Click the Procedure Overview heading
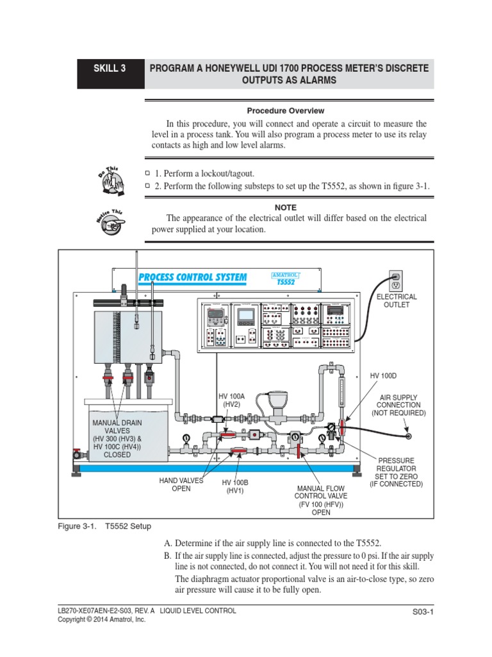tap(286, 111)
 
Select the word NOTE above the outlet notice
tap(286, 207)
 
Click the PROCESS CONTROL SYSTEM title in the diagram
tap(192, 277)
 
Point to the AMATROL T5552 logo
tap(286, 277)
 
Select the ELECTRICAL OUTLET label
tap(396, 301)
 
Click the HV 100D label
tap(383, 375)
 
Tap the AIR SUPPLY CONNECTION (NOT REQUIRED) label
tap(398, 405)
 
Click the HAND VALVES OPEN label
tap(181, 484)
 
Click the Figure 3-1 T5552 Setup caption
tap(104, 526)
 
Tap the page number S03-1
tap(423, 613)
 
